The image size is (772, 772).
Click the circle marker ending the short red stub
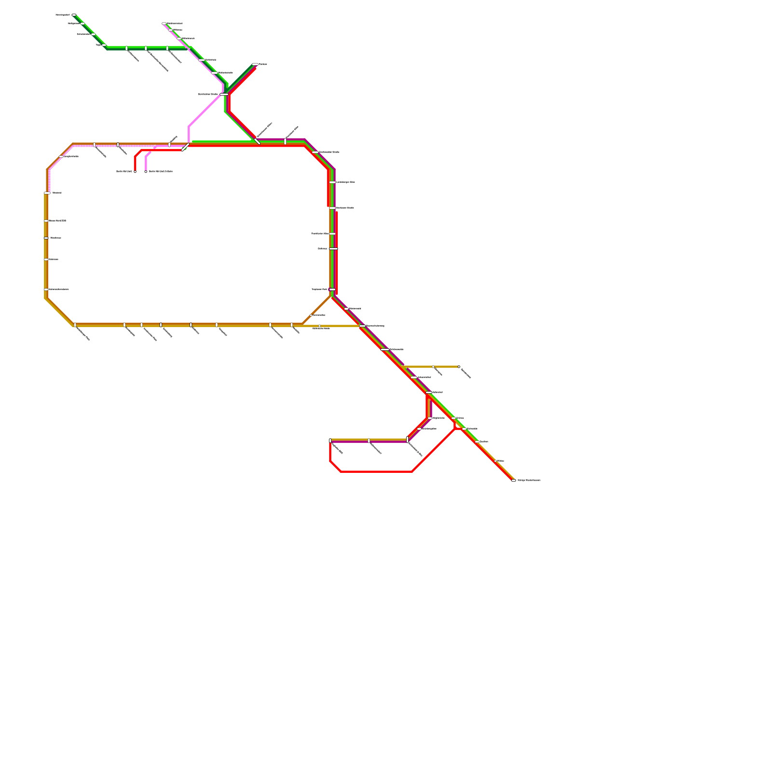point(135,171)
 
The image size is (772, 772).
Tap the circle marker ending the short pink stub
point(146,171)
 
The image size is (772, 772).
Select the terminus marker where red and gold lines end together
point(513,480)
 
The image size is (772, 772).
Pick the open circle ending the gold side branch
point(459,367)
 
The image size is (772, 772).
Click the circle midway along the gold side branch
point(433,367)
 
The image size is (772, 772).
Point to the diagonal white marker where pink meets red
point(185,147)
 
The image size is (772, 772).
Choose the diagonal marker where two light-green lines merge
point(257,141)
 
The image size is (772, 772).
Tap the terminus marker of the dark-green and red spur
point(255,64)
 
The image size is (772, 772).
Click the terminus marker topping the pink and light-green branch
point(164,23)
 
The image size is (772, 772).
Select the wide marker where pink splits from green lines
point(224,94)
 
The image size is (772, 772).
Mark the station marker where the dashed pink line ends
point(47,193)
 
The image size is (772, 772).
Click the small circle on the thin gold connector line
point(319,326)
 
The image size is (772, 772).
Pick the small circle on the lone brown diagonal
point(311,315)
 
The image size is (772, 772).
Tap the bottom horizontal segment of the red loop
point(376,471)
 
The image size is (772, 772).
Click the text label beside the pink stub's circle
point(161,171)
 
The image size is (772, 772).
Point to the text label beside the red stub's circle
point(124,171)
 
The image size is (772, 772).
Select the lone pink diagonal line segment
point(205,110)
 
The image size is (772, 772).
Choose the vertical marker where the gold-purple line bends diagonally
point(407,440)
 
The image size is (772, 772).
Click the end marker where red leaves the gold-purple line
point(330,441)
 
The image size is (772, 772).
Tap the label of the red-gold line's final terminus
point(529,480)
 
